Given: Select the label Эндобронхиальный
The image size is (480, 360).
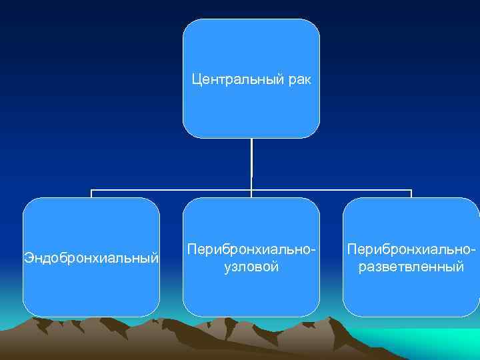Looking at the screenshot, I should coord(91,257).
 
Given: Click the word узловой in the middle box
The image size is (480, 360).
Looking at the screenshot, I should coord(251,267).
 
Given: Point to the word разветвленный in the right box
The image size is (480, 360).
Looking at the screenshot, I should coord(411,267).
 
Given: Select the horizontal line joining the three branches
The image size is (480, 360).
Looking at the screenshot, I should coord(173,190).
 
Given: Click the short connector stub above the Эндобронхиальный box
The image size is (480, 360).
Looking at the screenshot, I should coord(91,194).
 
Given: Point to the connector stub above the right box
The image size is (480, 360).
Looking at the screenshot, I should coord(411,194).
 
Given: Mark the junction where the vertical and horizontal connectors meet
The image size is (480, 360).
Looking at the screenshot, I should coord(251,190).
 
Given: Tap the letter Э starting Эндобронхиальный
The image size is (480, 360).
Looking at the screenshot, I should coord(27,257).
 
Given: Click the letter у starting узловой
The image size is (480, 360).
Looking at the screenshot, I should coord(227,268).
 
